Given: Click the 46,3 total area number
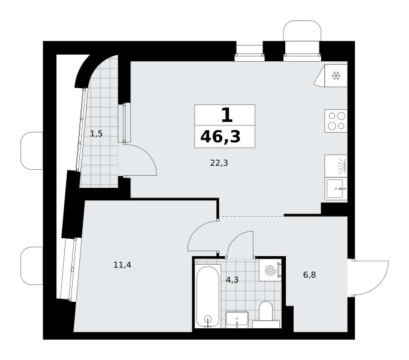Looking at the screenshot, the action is [x=220, y=137].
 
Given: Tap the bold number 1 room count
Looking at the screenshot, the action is [x=226, y=115].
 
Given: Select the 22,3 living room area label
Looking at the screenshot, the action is [x=219, y=163].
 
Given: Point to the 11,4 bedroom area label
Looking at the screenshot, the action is [x=123, y=265].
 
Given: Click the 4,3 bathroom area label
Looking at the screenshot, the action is [x=232, y=280].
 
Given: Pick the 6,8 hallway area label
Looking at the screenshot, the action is [x=310, y=275].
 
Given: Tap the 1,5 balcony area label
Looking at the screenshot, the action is [x=96, y=134].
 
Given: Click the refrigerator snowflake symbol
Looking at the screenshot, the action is [x=336, y=76].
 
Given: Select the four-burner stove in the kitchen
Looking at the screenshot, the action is [x=336, y=121].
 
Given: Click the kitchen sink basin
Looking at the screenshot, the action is [x=336, y=189].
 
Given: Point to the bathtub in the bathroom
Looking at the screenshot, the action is [x=208, y=296].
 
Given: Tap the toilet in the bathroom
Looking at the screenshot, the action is [x=266, y=314].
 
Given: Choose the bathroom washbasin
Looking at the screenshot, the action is [x=237, y=319].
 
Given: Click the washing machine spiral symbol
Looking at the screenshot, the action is [x=270, y=270].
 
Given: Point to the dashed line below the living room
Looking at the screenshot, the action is [x=252, y=217].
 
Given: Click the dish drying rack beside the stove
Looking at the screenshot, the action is [x=336, y=166].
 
